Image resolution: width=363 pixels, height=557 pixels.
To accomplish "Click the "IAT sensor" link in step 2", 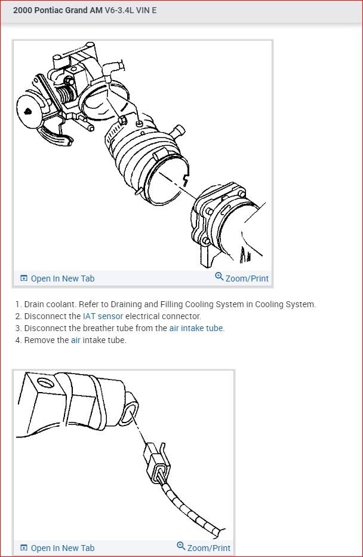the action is click(103, 316).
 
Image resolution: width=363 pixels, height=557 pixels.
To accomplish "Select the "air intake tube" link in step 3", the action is click(196, 328).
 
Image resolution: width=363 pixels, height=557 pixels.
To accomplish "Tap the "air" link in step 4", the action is click(76, 340).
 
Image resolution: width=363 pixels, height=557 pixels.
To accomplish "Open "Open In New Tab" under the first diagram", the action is click(57, 278).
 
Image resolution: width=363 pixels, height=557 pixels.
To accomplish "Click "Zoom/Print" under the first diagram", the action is click(242, 278).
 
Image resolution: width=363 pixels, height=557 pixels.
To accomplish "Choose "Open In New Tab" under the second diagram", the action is click(57, 548).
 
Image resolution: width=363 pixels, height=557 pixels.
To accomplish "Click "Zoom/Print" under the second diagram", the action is click(204, 547).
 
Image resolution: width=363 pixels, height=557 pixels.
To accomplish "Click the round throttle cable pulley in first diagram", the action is click(29, 111).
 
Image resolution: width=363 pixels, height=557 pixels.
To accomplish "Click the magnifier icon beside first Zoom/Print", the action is click(219, 276).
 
